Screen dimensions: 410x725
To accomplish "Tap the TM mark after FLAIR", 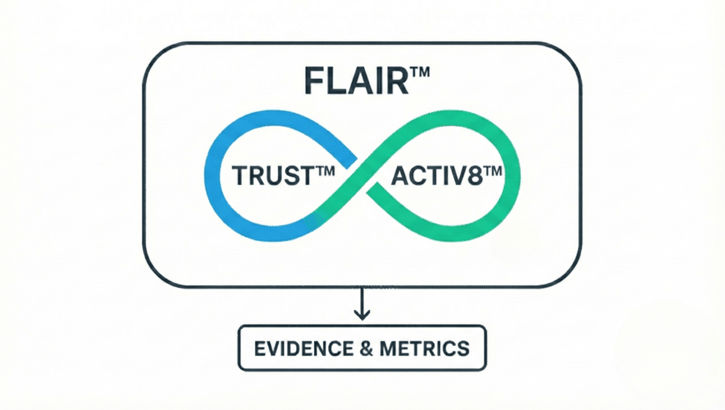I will click(x=419, y=73).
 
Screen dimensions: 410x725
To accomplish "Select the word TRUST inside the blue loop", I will click(x=271, y=175).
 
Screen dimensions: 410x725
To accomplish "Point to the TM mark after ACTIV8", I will click(x=492, y=172).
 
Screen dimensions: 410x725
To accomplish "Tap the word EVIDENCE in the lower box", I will click(x=303, y=349).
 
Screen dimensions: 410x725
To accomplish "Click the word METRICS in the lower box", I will click(x=424, y=349).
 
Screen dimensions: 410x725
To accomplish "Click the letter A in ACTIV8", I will click(x=401, y=176).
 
